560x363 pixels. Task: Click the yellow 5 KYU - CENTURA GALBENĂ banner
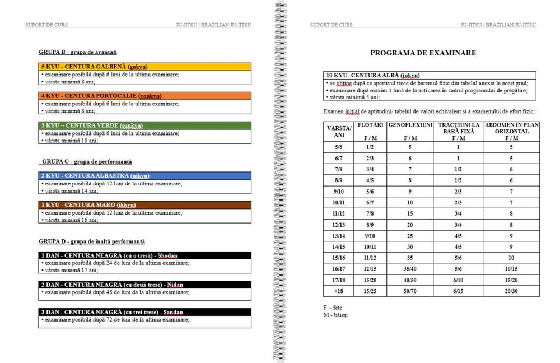[145, 67]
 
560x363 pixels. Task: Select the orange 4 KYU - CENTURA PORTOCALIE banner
[145, 96]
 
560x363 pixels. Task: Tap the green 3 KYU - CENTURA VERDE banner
[145, 125]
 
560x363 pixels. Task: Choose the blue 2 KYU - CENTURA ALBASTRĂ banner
[145, 176]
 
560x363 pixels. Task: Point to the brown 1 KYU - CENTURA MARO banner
[145, 205]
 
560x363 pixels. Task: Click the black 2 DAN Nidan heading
[145, 285]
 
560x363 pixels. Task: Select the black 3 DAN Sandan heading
[145, 312]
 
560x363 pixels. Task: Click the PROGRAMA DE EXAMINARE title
[423, 53]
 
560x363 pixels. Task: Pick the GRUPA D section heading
[92, 241]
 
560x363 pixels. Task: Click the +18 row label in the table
[338, 291]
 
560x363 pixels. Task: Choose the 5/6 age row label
[338, 147]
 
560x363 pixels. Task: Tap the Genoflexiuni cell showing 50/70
[410, 291]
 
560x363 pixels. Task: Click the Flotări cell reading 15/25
[370, 291]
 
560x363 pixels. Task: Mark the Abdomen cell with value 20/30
[511, 291]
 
